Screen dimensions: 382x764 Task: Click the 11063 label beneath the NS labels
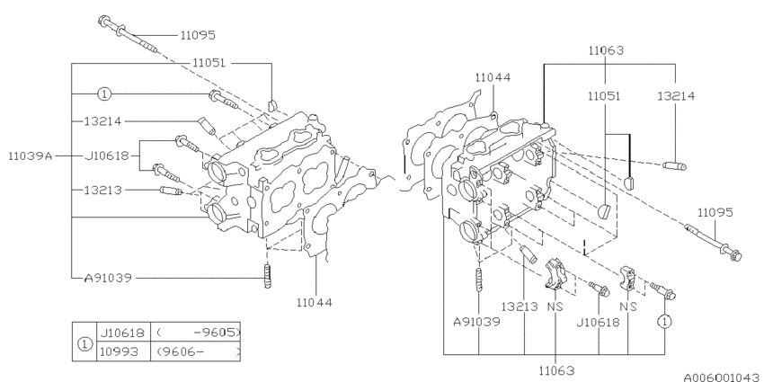coord(557,369)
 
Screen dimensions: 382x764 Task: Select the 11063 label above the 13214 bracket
coord(606,51)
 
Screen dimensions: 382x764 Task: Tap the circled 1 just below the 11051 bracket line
coord(104,93)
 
